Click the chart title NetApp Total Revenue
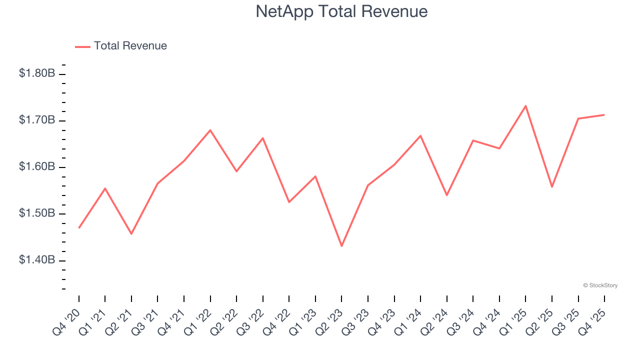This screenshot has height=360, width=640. click(341, 11)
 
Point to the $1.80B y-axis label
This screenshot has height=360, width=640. click(37, 73)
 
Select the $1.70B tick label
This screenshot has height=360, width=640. click(37, 120)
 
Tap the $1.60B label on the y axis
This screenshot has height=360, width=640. click(37, 166)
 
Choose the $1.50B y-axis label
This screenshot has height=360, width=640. click(37, 213)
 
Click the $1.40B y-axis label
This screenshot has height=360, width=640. click(37, 260)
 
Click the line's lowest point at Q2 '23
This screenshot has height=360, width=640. click(341, 246)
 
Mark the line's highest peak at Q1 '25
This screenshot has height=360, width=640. click(525, 105)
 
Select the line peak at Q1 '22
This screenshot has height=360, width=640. click(210, 130)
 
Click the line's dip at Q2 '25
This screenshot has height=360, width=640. click(551, 187)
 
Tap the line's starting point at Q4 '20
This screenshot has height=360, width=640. click(79, 228)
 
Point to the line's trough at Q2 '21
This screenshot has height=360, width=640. click(131, 234)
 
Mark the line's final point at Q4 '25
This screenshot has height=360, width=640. click(604, 115)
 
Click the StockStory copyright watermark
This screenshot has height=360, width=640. click(600, 285)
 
